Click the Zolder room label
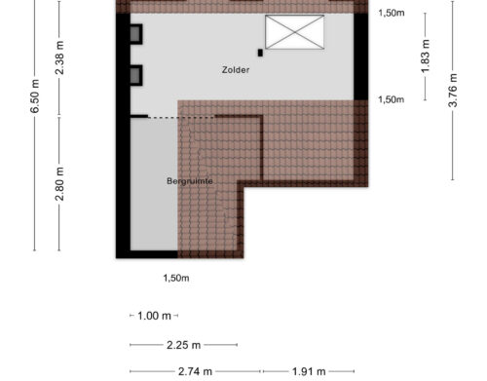pos(236,70)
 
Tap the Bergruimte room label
pos(190,181)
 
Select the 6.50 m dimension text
pos(35,96)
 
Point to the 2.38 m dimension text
pos(59,57)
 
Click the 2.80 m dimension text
pos(59,184)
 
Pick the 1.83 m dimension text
pos(426,57)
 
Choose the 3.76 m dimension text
pos(453,91)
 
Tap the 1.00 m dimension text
pos(154,316)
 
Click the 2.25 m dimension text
pos(183,345)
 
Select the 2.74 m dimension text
pos(195,371)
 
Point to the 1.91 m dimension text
pos(309,371)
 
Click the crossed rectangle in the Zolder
pos(295,32)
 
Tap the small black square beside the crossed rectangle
pos(260,53)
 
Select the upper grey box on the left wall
pos(136,34)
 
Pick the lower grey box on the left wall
pos(136,75)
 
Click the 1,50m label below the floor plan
pos(176,278)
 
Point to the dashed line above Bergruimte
pos(181,117)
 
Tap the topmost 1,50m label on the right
pos(392,13)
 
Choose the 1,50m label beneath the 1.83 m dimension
pos(392,99)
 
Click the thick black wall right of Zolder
pos(360,57)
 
